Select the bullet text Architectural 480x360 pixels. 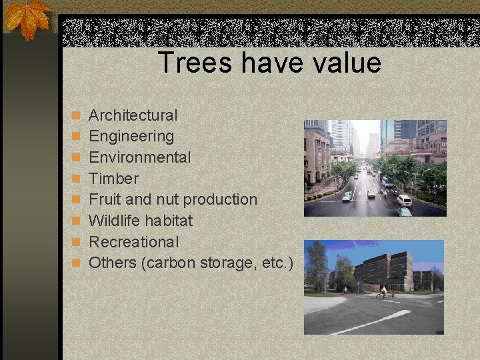133,115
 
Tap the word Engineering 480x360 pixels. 131,137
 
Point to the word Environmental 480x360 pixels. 140,157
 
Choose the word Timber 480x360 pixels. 113,179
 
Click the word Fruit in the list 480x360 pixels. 103,199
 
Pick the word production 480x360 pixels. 220,199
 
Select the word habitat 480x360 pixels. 169,220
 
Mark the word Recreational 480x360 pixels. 134,241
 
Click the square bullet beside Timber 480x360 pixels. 77,179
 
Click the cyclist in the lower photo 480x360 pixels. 383,292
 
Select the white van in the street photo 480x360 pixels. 404,199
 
